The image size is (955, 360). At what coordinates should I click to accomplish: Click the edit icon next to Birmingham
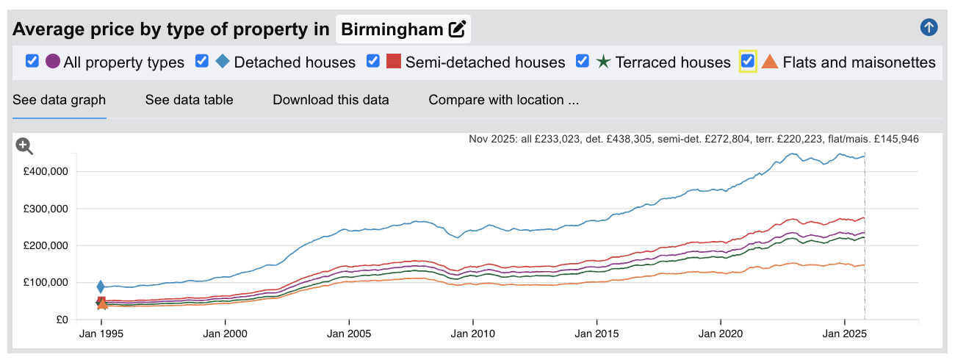tap(457, 29)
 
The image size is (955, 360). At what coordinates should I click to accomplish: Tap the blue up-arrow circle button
tap(929, 28)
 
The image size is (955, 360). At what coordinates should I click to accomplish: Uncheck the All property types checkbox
tap(32, 61)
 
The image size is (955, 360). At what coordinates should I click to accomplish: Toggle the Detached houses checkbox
tap(202, 61)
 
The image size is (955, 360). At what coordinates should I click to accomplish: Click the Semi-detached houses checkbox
tap(373, 61)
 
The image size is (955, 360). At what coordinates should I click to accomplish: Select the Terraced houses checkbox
tap(583, 61)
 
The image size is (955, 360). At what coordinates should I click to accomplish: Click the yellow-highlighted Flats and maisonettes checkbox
tap(748, 61)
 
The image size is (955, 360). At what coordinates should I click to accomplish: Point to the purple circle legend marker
tap(53, 62)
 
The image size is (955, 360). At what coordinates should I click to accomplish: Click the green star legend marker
tap(602, 62)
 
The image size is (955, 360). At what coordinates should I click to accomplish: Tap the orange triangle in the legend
tap(770, 62)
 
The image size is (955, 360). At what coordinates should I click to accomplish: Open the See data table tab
tap(189, 100)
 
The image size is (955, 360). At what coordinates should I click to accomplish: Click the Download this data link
tap(331, 100)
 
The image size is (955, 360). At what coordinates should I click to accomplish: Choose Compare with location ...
tap(504, 100)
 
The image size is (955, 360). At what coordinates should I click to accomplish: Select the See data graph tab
tap(59, 100)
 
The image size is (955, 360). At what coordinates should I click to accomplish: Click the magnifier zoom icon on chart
tap(24, 146)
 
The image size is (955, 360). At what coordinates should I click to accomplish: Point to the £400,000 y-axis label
tap(46, 171)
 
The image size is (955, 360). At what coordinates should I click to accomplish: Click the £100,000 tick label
tap(46, 283)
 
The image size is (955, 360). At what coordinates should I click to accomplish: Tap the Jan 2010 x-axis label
tap(472, 334)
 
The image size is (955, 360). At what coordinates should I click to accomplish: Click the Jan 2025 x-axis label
tap(844, 334)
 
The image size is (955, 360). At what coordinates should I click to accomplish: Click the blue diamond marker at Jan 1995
tap(101, 287)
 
